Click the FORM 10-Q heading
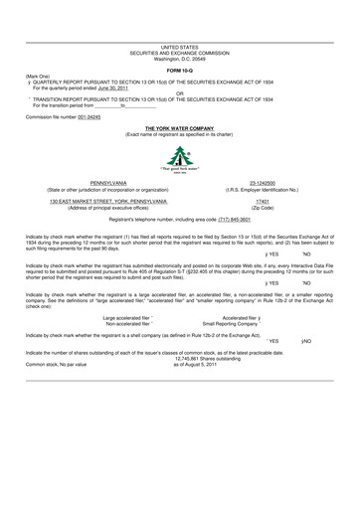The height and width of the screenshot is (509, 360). [x=179, y=68]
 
